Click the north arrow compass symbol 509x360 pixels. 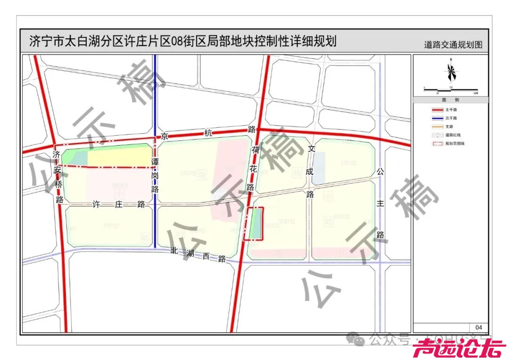(x=451, y=72)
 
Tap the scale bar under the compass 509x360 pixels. (x=451, y=90)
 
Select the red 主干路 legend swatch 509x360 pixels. (x=437, y=110)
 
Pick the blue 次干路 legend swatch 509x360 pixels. (x=437, y=118)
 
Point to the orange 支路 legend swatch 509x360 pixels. (x=437, y=127)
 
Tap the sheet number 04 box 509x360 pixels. (x=478, y=327)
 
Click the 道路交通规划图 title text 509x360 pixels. (x=453, y=45)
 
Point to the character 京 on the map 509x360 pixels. (x=164, y=137)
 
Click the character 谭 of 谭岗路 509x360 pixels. (x=155, y=161)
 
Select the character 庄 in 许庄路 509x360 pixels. (x=116, y=205)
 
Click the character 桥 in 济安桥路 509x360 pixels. (x=58, y=185)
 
